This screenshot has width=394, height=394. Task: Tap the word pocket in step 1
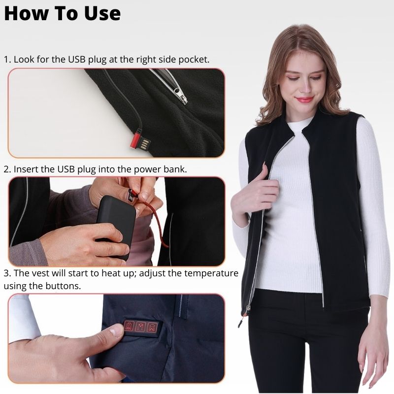click(192, 59)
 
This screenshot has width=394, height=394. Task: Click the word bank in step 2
click(176, 169)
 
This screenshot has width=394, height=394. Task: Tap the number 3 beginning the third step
click(6, 273)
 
